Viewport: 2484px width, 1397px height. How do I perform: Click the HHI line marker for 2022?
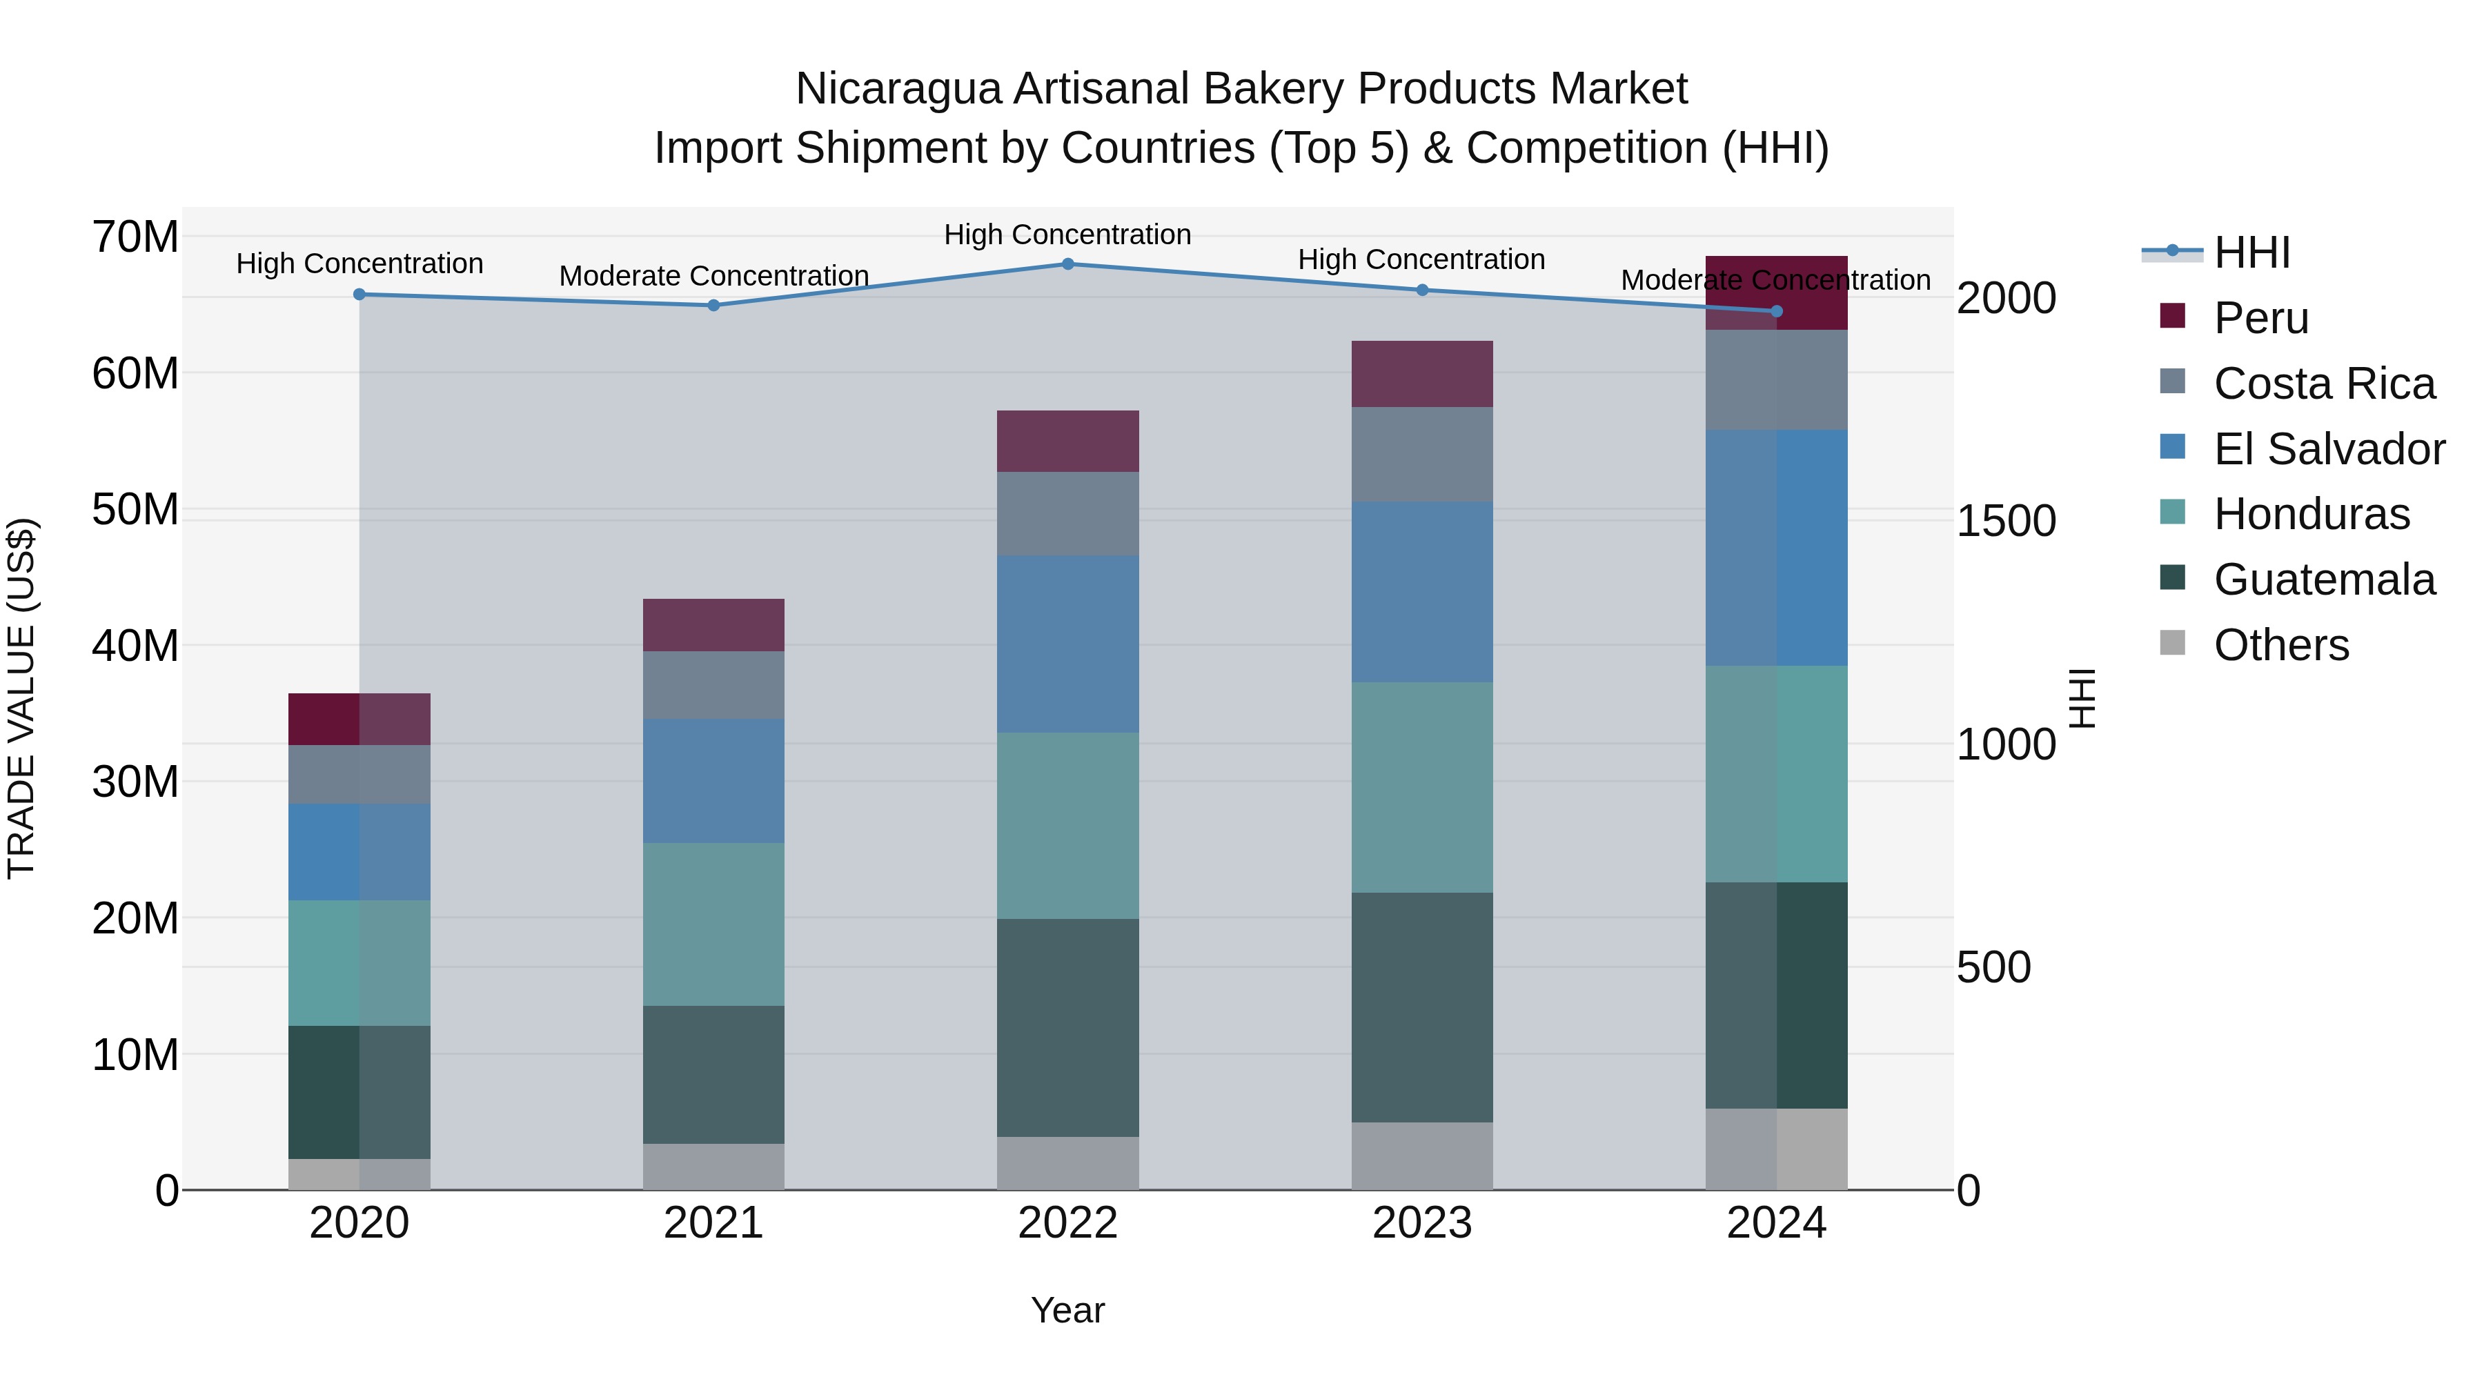click(x=1067, y=264)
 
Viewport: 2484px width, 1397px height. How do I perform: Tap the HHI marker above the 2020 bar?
click(x=359, y=294)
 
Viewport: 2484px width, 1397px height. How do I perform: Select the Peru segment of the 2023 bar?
click(x=1421, y=374)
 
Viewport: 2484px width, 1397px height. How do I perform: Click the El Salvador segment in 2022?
click(x=1067, y=644)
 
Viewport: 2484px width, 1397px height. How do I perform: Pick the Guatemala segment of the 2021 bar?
click(x=713, y=1075)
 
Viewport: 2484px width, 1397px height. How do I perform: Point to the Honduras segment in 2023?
click(x=1421, y=788)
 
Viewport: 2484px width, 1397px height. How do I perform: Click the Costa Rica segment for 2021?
click(x=713, y=686)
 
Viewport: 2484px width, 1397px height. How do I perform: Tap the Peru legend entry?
click(x=2260, y=318)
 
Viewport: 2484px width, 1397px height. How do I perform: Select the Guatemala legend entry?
click(x=2324, y=579)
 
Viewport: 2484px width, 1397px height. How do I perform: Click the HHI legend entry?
click(x=2251, y=252)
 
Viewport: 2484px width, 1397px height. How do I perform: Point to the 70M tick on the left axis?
click(x=135, y=237)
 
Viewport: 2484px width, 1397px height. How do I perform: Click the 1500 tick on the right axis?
click(x=2006, y=522)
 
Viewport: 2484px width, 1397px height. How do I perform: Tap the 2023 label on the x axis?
click(x=1421, y=1223)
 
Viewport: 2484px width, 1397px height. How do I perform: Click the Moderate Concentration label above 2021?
click(x=713, y=277)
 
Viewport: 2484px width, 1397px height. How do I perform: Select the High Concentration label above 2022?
click(x=1067, y=235)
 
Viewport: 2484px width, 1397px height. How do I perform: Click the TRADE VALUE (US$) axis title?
click(x=21, y=698)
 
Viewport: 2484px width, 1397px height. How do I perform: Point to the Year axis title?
click(x=1067, y=1310)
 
